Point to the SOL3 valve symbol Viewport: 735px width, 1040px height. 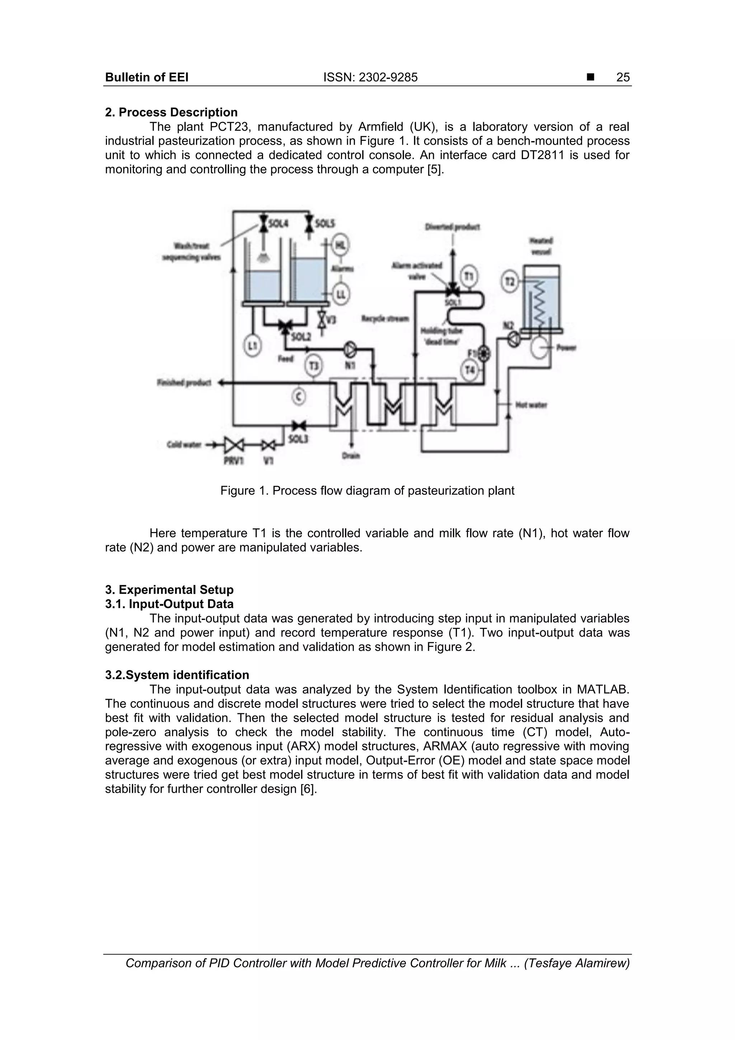[x=299, y=425]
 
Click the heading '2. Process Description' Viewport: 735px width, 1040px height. [x=171, y=112]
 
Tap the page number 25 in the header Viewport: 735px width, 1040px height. [x=623, y=78]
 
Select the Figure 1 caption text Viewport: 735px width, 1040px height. [x=367, y=490]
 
